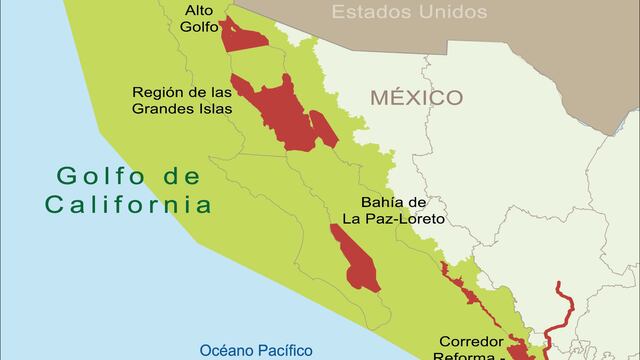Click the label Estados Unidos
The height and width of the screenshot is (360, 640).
pyautogui.click(x=409, y=13)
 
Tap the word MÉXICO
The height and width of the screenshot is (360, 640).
pyautogui.click(x=416, y=98)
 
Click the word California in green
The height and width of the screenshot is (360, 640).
pyautogui.click(x=127, y=205)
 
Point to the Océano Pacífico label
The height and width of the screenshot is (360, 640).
pyautogui.click(x=256, y=350)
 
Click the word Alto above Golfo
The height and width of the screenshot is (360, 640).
pyautogui.click(x=199, y=11)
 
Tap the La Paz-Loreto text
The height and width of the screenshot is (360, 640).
pyautogui.click(x=393, y=217)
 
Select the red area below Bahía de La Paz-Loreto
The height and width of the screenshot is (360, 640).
pyautogui.click(x=355, y=258)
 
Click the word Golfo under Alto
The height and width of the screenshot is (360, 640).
pyautogui.click(x=199, y=28)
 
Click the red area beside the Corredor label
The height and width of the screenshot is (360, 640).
pyautogui.click(x=518, y=349)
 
